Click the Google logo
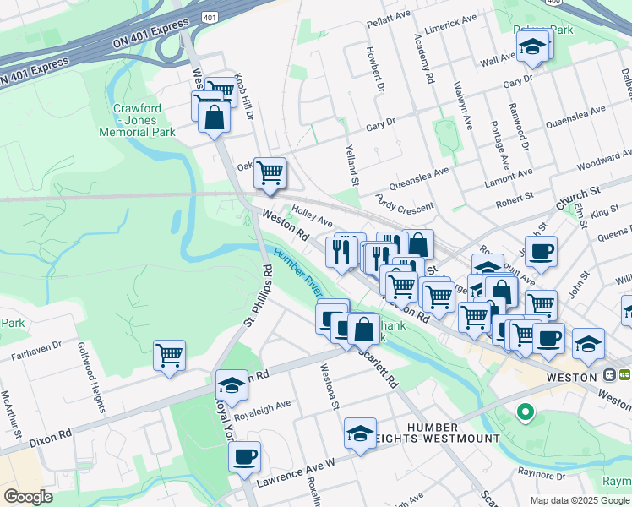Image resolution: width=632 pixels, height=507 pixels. pyautogui.click(x=28, y=497)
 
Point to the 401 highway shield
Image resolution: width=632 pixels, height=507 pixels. pyautogui.click(x=209, y=16)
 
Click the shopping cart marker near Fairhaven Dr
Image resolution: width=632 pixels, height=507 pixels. pyautogui.click(x=169, y=356)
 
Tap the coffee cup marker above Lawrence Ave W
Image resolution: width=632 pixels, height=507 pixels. pyautogui.click(x=244, y=457)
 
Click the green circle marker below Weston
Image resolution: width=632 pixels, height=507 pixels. pyautogui.click(x=526, y=412)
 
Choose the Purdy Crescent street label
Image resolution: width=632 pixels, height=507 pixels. pyautogui.click(x=405, y=202)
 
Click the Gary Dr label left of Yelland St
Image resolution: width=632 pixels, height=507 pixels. pyautogui.click(x=381, y=125)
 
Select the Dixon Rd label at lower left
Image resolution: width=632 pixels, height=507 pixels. pyautogui.click(x=46, y=439)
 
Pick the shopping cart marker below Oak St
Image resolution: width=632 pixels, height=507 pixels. pyautogui.click(x=270, y=172)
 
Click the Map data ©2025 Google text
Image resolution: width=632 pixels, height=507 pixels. pyautogui.click(x=579, y=500)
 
